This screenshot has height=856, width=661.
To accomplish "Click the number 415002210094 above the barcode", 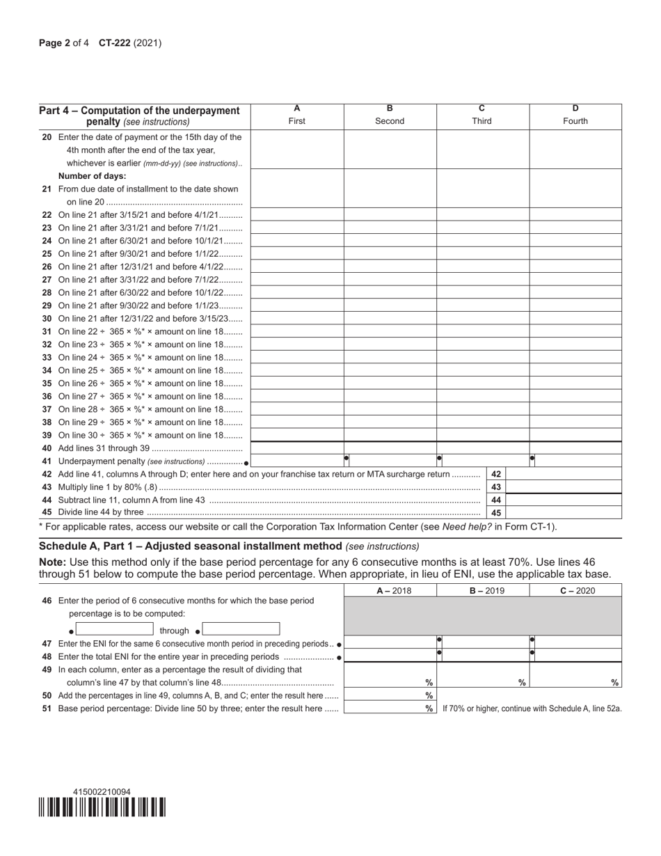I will point(102,792).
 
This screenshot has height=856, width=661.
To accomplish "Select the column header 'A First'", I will point(297,115).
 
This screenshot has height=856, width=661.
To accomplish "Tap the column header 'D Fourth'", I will point(575,115).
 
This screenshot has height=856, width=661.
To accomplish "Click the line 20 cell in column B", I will point(390,150).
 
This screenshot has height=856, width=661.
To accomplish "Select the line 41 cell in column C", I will point(483,461).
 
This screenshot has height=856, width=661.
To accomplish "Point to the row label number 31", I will point(47,331).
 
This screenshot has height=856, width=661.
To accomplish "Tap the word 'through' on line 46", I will point(175,631).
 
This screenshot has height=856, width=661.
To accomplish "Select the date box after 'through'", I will point(241,630).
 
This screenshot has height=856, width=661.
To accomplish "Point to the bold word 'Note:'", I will point(52,562).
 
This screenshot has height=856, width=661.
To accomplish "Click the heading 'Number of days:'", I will point(93,176).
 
